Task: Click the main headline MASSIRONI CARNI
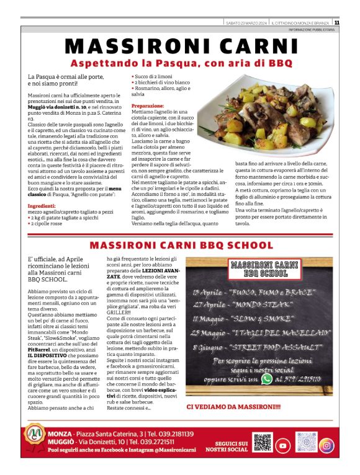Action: (179, 47)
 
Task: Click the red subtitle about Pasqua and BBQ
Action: (179, 63)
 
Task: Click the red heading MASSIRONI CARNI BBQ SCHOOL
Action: (179, 245)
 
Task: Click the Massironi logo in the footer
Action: (34, 443)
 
